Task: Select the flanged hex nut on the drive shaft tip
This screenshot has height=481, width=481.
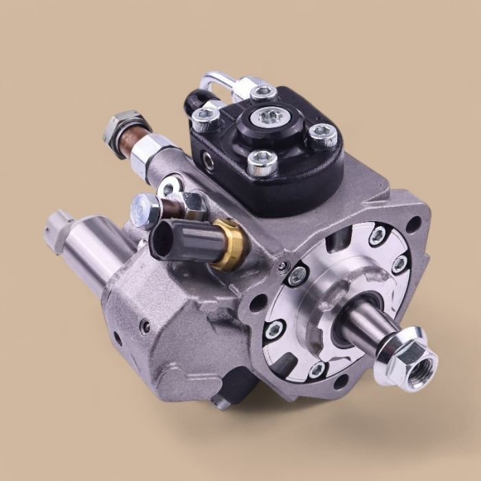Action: tap(412, 355)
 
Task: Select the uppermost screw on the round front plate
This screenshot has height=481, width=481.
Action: tap(377, 237)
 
